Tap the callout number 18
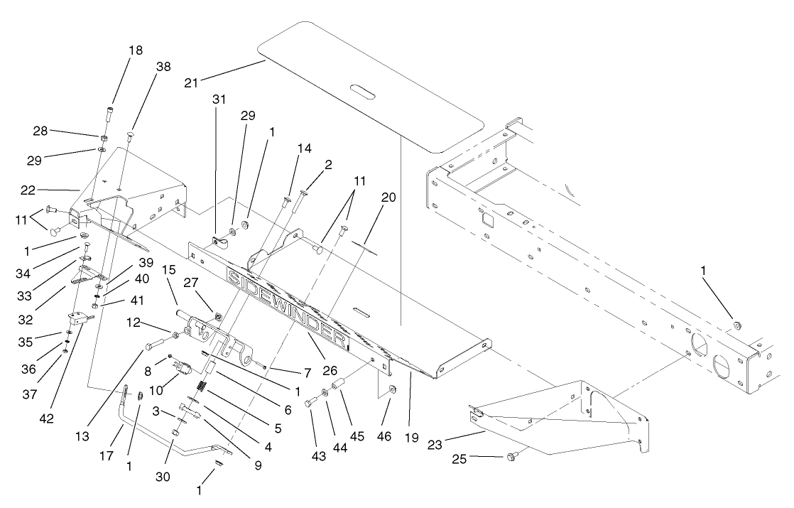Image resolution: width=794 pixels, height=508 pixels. click(136, 50)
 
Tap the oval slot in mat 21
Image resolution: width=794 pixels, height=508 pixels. click(366, 93)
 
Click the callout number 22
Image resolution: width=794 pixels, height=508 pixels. click(47, 190)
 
